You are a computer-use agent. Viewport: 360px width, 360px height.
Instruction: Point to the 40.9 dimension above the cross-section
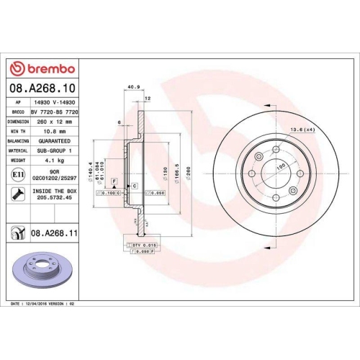(132, 89)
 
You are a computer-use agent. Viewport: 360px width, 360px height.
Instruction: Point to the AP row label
(16, 104)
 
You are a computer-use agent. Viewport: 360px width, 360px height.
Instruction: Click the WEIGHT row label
(18, 161)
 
